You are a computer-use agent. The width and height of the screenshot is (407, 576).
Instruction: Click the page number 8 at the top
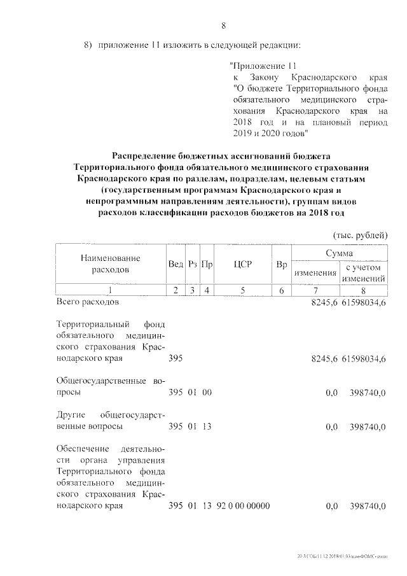(x=223, y=25)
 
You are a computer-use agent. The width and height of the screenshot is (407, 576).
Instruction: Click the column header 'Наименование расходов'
(x=110, y=263)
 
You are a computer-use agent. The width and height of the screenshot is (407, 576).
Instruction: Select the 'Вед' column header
(x=176, y=263)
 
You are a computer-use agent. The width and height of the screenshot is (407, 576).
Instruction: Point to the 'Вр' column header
(x=281, y=263)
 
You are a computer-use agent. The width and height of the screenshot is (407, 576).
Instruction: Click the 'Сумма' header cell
(x=339, y=253)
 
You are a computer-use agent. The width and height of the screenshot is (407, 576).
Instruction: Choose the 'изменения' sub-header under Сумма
(x=315, y=273)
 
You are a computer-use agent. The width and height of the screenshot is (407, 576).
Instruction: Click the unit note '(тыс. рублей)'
(x=359, y=235)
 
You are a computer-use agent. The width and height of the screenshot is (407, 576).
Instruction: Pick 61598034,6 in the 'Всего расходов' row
(x=364, y=302)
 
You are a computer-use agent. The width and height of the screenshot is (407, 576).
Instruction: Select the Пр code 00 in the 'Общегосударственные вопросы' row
(x=207, y=393)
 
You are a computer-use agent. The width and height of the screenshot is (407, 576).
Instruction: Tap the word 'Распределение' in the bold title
(x=143, y=155)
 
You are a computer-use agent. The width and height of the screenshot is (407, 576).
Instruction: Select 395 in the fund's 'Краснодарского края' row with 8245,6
(x=176, y=359)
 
